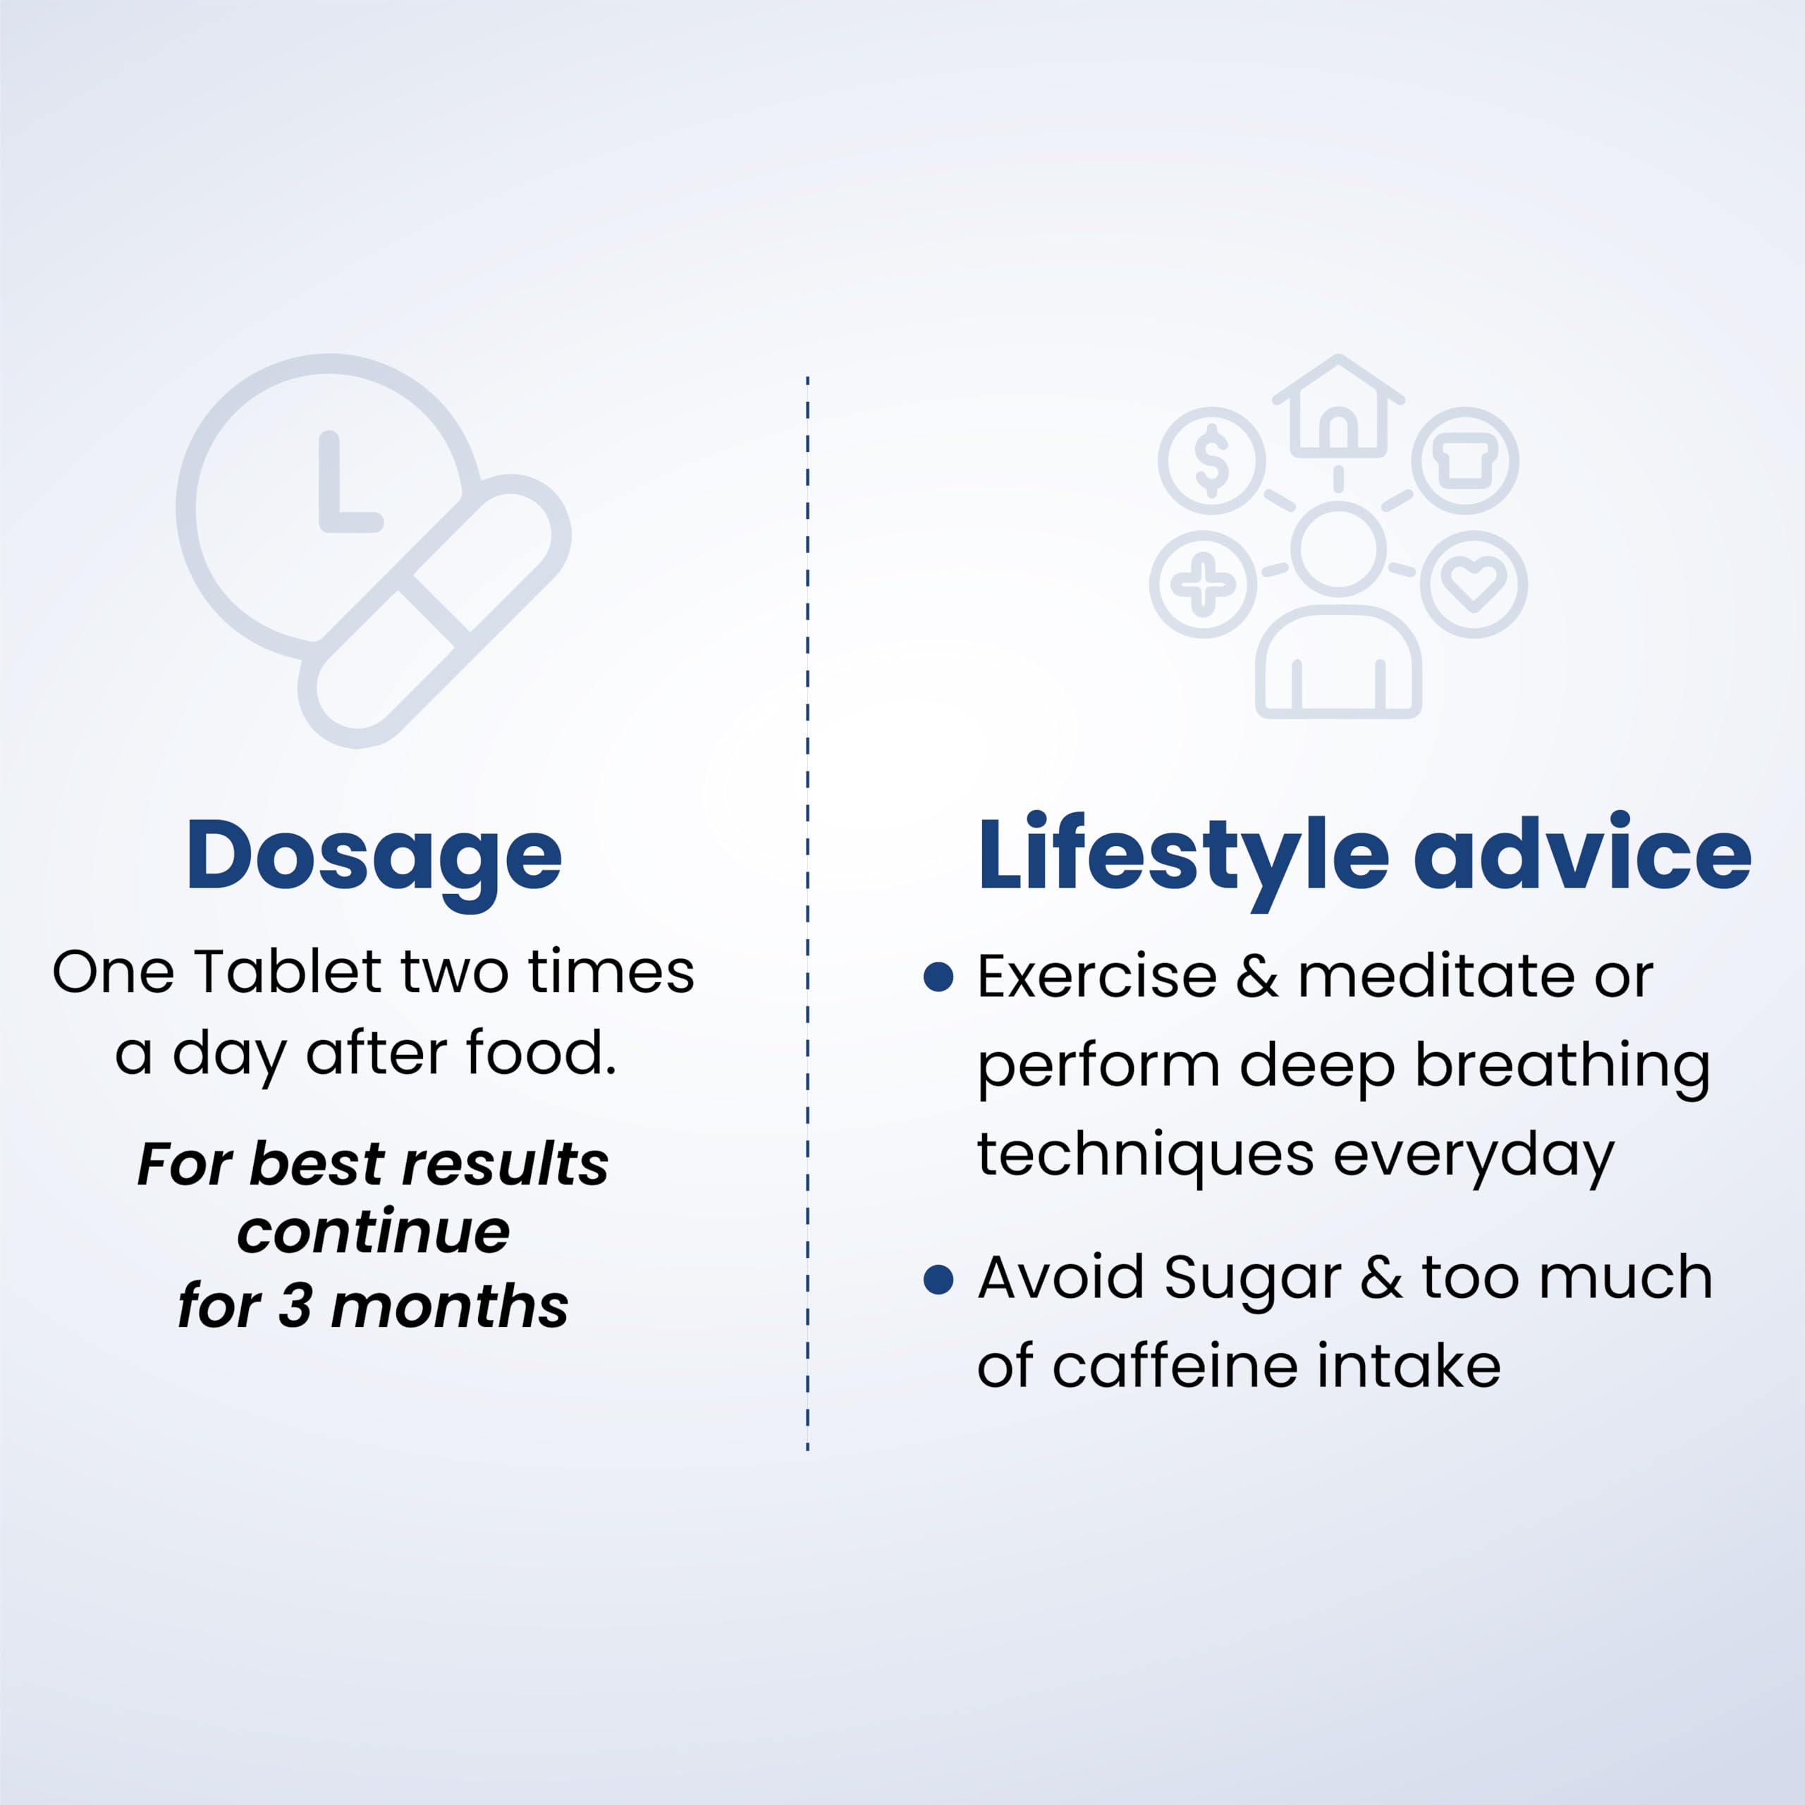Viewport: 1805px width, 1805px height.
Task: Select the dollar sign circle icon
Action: pos(1212,460)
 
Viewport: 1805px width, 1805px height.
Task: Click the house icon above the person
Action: pos(1338,408)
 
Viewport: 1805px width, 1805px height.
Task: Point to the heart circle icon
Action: pos(1474,584)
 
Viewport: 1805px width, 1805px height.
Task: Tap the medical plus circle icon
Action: pos(1204,584)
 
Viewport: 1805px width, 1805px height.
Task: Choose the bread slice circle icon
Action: pos(1465,460)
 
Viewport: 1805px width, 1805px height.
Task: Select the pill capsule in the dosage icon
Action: pos(435,611)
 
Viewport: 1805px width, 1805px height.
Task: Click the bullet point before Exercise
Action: pos(938,977)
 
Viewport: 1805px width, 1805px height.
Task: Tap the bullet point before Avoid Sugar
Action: pos(938,1279)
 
